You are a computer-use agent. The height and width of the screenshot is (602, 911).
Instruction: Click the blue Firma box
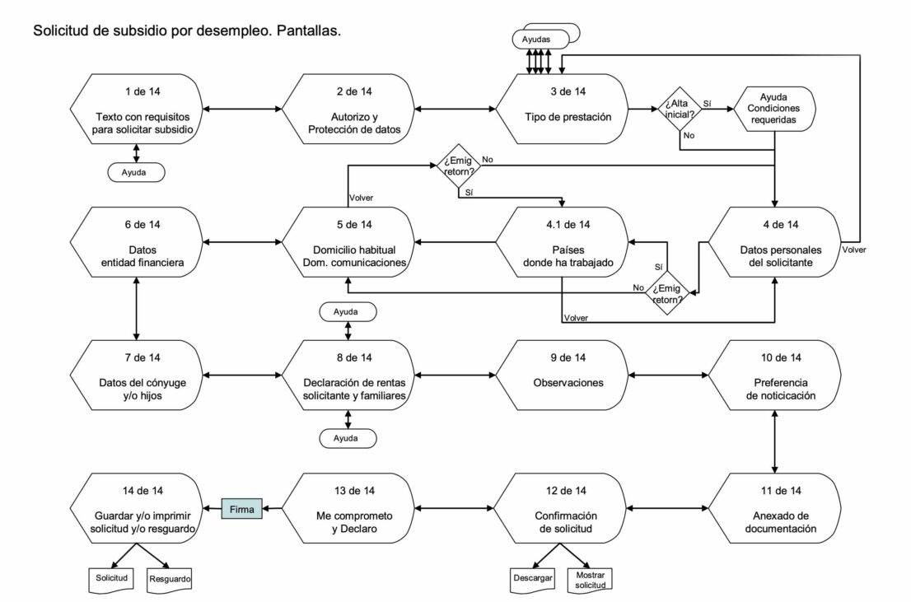click(242, 510)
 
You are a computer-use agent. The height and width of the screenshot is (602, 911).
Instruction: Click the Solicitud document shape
click(111, 579)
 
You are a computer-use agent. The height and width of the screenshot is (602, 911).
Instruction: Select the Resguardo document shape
click(170, 579)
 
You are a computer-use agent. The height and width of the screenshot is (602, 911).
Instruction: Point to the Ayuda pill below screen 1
click(136, 173)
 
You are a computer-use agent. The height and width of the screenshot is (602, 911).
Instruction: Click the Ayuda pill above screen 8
click(348, 312)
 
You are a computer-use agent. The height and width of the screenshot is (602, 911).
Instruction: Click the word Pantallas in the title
click(309, 30)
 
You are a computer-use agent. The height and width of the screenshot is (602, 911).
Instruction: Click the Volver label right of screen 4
click(854, 247)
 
